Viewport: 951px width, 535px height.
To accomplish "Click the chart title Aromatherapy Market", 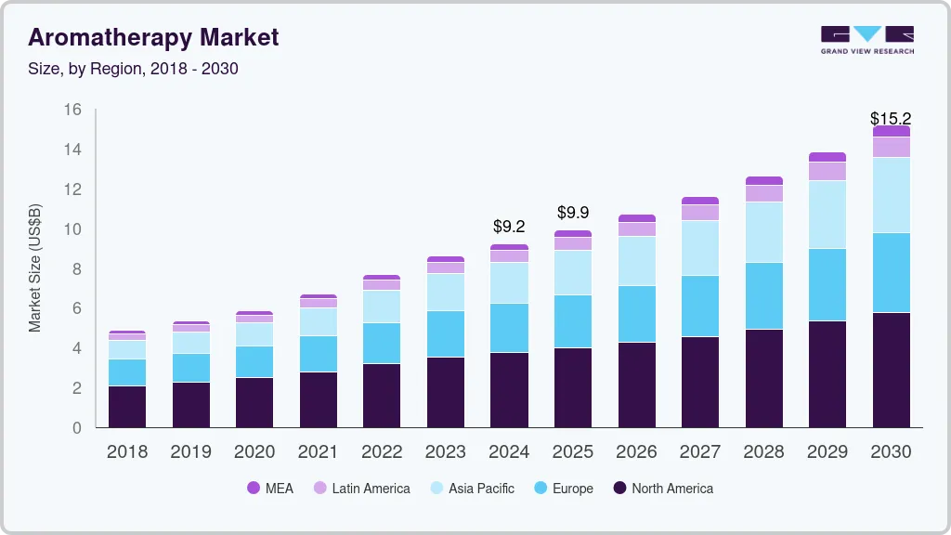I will (153, 37).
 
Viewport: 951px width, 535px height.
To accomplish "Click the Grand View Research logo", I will (866, 39).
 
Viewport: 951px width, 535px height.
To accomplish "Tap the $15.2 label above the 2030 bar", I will (890, 118).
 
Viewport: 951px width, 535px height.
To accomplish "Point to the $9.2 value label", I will (509, 226).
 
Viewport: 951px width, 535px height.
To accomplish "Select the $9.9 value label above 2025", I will (573, 213).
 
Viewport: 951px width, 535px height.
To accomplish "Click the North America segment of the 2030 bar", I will (891, 370).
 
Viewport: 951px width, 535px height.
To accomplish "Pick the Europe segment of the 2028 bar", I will (763, 295).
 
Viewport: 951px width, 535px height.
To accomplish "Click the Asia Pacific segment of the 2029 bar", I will (827, 215).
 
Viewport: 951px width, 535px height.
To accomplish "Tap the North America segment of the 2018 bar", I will (127, 406).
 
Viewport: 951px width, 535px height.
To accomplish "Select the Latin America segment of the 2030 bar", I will (891, 147).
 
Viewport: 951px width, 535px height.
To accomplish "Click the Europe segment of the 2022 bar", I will (382, 343).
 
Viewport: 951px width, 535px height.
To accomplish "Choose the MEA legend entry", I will (270, 488).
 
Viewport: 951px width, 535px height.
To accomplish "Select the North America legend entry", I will (662, 488).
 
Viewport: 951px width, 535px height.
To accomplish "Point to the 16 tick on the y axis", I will (72, 110).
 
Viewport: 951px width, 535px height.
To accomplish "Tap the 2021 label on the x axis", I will (318, 451).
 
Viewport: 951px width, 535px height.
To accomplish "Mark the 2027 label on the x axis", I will (699, 451).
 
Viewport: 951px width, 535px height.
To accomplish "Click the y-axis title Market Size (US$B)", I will (34, 267).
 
